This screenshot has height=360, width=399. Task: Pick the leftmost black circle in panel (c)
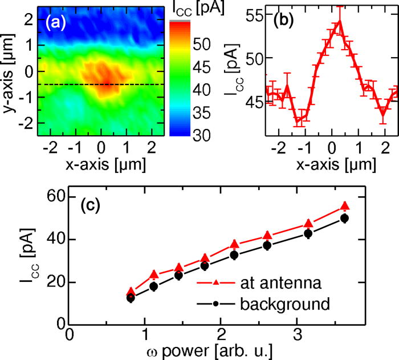coord(131,298)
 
